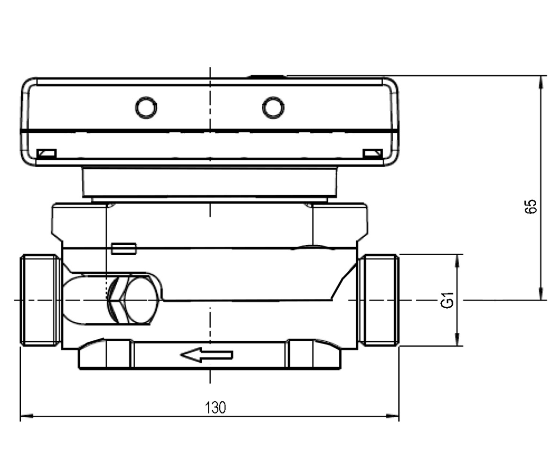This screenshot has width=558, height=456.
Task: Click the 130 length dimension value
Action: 215,408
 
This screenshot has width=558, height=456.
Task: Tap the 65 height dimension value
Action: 530,206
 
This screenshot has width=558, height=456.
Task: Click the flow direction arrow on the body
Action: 207,355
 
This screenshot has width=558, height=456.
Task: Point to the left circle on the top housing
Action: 146,107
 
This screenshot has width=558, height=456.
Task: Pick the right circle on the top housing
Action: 273,107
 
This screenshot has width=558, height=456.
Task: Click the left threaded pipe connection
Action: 40,300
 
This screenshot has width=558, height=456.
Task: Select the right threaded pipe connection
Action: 378,300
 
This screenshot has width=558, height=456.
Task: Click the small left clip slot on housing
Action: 47,154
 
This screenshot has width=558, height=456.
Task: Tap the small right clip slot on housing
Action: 373,154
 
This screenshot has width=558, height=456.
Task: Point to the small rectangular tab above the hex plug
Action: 124,249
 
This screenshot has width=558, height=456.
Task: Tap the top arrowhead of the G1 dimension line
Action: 458,261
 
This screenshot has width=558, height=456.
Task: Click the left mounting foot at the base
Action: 105,354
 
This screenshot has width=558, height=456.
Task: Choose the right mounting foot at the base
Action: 314,354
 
